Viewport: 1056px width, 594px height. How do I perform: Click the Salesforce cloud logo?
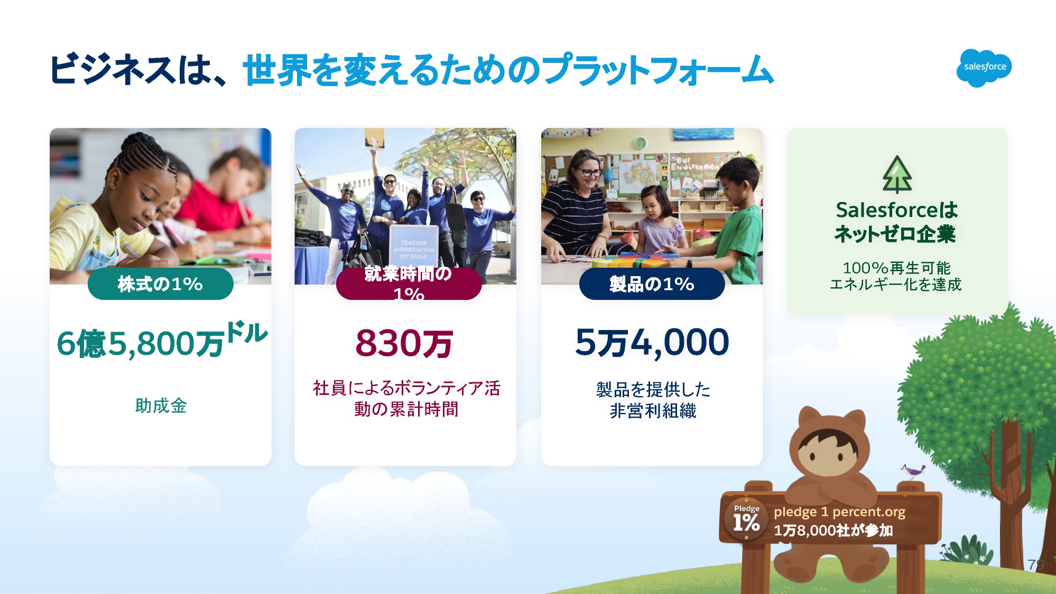pos(984,68)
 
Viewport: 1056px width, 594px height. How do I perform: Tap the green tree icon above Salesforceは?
pos(897,174)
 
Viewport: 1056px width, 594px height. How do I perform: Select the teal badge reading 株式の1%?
pos(160,284)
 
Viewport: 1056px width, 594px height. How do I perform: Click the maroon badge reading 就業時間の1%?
pos(409,284)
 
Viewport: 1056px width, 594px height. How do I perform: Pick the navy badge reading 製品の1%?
pos(652,284)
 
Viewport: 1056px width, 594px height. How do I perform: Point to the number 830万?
pos(404,343)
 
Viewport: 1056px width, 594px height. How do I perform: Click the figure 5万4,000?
pos(652,343)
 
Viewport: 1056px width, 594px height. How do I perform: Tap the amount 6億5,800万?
pos(141,344)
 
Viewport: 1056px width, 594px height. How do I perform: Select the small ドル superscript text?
pos(247,333)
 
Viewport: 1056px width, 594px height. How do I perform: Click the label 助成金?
pos(161,406)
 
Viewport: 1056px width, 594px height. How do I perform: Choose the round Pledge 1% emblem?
pos(746,520)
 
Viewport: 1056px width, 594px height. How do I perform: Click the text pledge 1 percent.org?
pos(839,512)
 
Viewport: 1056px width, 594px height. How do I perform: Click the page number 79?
pos(1036,564)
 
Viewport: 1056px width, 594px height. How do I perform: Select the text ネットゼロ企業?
pos(895,234)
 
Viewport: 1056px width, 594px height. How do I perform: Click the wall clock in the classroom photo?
pos(641,143)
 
